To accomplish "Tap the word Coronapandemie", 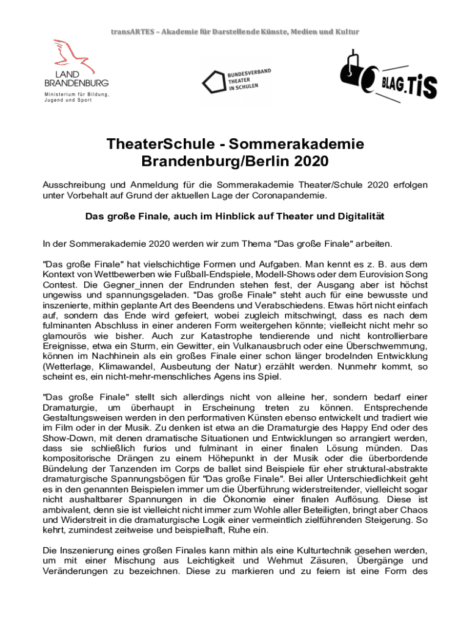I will click(x=291, y=196).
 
